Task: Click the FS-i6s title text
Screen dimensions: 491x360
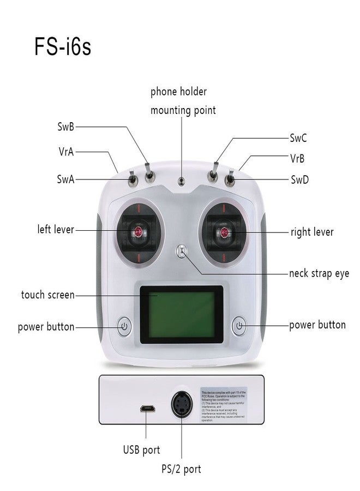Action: [x=63, y=46]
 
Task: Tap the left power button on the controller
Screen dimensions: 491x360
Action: [x=124, y=327]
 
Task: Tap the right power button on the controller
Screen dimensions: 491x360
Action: [x=239, y=326]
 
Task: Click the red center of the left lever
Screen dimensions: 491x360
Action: [x=136, y=232]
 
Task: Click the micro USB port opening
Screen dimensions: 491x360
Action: [x=147, y=409]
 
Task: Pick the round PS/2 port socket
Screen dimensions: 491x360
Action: [x=181, y=406]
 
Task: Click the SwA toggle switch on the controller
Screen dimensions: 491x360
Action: [x=132, y=179]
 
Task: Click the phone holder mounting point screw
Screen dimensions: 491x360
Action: [x=182, y=181]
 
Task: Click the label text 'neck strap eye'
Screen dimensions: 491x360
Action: [x=319, y=273]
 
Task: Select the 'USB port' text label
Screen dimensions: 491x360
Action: [x=141, y=450]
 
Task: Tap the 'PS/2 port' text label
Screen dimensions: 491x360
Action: [x=181, y=469]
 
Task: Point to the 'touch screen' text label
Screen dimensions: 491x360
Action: [x=48, y=295]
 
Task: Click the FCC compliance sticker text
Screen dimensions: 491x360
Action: [x=224, y=406]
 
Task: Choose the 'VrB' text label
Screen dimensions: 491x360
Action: [x=297, y=158]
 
